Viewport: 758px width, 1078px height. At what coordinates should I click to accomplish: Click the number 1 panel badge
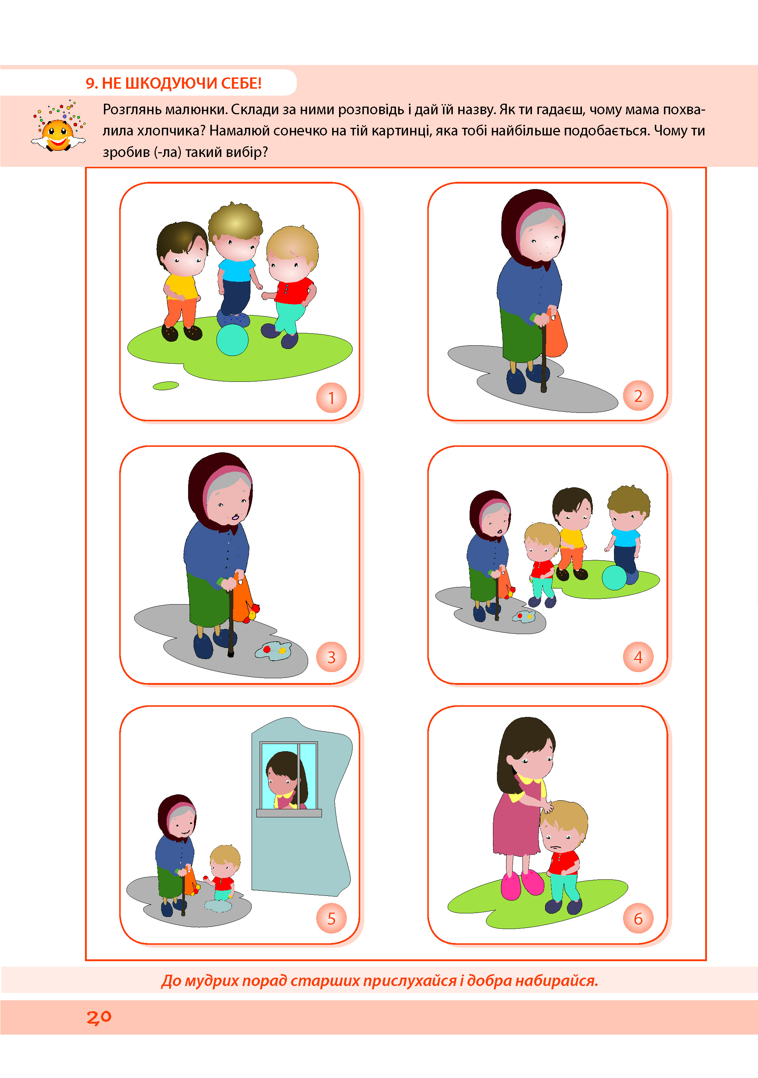(331, 398)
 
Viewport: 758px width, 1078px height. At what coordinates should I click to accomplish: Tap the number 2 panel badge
(638, 396)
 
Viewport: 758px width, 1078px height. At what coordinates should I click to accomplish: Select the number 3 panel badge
(331, 657)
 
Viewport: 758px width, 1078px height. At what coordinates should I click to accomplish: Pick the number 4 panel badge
(638, 657)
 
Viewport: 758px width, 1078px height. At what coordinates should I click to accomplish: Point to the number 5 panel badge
(331, 918)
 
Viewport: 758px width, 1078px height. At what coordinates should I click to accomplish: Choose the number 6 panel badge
(638, 918)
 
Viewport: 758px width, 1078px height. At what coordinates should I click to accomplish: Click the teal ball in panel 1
(232, 340)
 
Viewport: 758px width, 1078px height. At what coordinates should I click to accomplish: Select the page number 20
(99, 1017)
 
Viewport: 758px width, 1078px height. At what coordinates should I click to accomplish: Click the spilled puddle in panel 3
(273, 651)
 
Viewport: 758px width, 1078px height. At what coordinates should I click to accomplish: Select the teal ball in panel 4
(614, 578)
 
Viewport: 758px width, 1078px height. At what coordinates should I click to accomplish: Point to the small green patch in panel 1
(166, 385)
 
